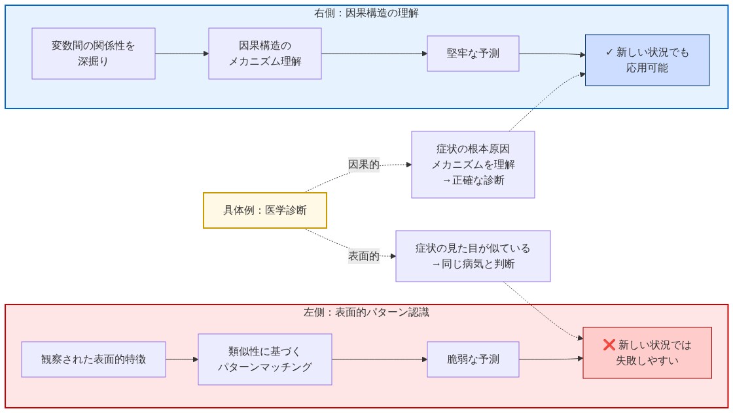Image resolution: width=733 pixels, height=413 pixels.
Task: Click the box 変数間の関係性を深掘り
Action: pyautogui.click(x=94, y=54)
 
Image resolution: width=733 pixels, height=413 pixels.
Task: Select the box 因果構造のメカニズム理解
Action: pyautogui.click(x=265, y=54)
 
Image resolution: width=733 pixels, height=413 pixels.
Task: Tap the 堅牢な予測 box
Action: pyautogui.click(x=473, y=54)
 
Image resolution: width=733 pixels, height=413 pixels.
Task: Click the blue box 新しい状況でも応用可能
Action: pyautogui.click(x=647, y=60)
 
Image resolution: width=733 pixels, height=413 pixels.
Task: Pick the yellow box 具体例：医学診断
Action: pyautogui.click(x=264, y=210)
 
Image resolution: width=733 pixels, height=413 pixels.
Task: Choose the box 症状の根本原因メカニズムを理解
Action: pyautogui.click(x=473, y=165)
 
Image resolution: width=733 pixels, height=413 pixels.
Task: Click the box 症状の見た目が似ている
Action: pyautogui.click(x=473, y=256)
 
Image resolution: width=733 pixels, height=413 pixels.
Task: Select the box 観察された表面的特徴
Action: pyautogui.click(x=94, y=359)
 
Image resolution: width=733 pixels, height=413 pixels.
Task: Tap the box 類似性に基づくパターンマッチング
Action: pyautogui.click(x=265, y=359)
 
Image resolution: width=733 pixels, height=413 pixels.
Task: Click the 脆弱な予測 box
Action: pyautogui.click(x=473, y=359)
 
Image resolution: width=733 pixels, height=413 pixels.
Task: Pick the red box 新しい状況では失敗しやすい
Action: pyautogui.click(x=647, y=353)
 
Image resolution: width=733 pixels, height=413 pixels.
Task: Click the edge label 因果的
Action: pyautogui.click(x=364, y=165)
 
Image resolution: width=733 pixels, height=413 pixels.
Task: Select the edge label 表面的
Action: pyautogui.click(x=364, y=256)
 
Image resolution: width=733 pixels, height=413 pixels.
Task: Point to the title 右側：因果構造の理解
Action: pyautogui.click(x=366, y=12)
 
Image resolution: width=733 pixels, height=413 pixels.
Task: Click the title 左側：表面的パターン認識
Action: pyautogui.click(x=366, y=312)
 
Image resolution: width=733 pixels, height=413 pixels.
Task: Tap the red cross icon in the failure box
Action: pyautogui.click(x=609, y=345)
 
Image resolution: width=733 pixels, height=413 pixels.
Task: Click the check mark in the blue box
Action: pyautogui.click(x=609, y=52)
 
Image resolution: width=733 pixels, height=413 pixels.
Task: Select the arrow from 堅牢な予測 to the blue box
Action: pyautogui.click(x=552, y=54)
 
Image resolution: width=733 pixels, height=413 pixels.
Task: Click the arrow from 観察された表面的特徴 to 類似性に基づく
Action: pyautogui.click(x=182, y=359)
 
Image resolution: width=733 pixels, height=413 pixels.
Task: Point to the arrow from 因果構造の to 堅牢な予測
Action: pyautogui.click(x=374, y=54)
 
